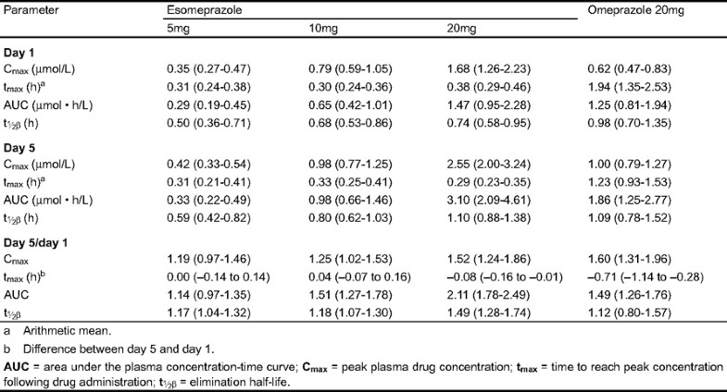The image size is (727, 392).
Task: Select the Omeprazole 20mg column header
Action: pos(637,12)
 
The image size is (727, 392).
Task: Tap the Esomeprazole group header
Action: pos(203,12)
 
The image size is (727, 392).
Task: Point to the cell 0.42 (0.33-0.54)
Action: pos(213,163)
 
